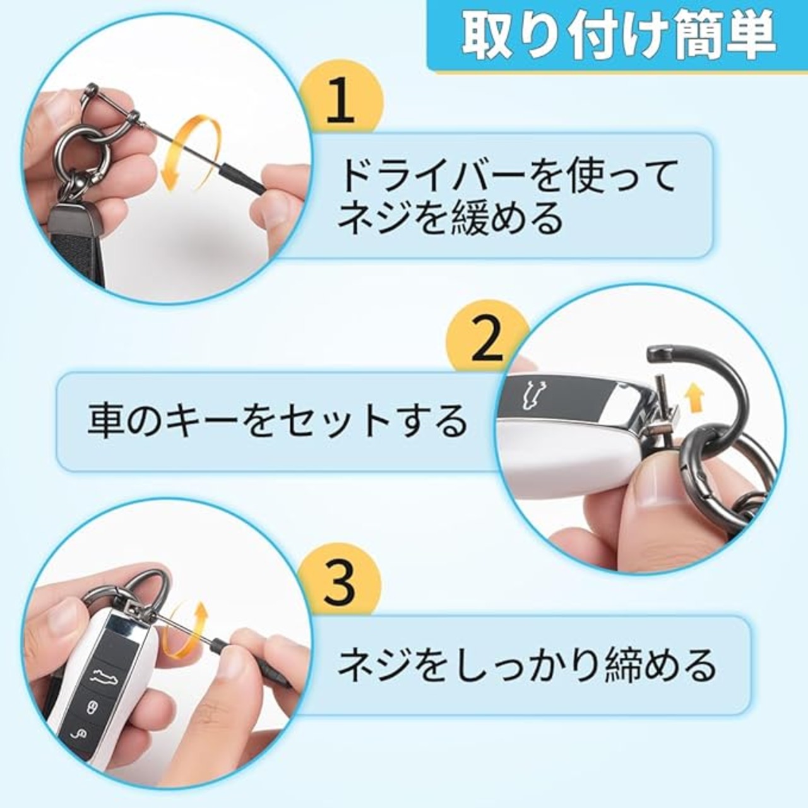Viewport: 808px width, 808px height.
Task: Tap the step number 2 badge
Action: [487, 339]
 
